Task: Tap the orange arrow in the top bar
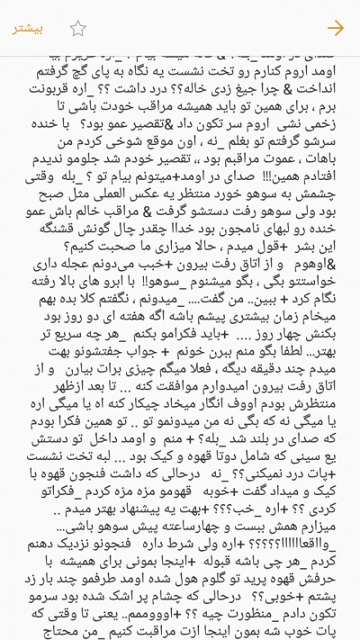[336, 28]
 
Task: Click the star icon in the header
[77, 28]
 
